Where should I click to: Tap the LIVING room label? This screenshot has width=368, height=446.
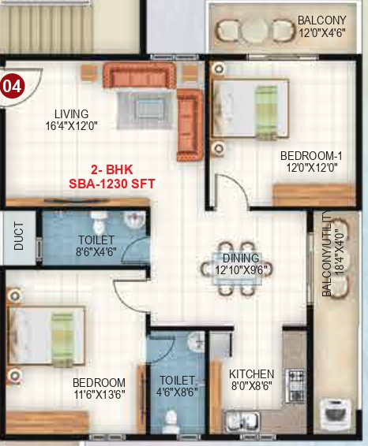coord(72,113)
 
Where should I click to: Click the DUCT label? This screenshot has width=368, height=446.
coord(19,238)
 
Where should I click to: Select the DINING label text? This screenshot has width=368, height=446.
coord(241,258)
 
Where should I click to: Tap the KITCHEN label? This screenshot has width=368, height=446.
coord(252,374)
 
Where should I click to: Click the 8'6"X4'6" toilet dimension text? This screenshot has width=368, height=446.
coord(96,252)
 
